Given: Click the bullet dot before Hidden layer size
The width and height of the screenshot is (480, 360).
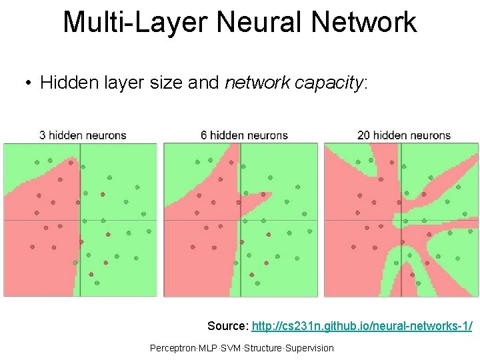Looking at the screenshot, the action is [27, 83].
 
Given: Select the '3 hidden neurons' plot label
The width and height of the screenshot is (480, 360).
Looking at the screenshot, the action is [83, 135].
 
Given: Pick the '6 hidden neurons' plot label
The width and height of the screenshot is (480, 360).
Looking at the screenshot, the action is [244, 135].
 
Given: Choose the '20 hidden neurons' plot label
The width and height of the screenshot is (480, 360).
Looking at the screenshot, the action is [404, 135].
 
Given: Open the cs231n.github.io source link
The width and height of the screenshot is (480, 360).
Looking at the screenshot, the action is [362, 326].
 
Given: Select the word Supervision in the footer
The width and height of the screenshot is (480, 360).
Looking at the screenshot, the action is [309, 348].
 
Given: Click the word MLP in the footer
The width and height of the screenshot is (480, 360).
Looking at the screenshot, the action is [207, 348].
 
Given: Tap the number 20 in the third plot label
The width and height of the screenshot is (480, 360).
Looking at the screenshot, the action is [363, 135].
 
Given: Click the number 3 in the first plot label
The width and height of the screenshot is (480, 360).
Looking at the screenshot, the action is [43, 135].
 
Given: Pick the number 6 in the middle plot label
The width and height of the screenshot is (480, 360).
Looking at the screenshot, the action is [204, 135].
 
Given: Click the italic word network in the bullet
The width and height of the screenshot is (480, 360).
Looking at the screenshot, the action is [257, 83].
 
